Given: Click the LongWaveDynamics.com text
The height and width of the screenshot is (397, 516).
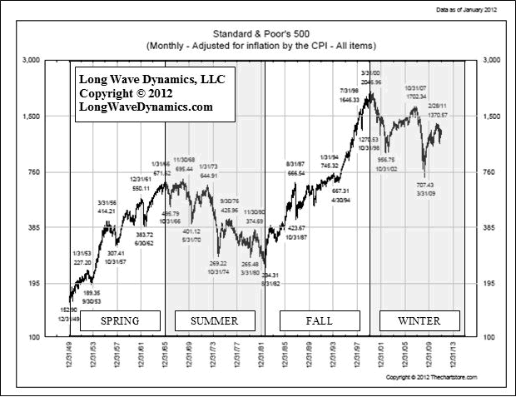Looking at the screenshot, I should [x=146, y=107].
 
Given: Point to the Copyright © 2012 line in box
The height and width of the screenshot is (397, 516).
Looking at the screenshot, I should [x=135, y=93].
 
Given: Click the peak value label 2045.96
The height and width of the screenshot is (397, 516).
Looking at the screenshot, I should [x=370, y=82].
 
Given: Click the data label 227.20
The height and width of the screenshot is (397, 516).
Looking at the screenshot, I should [x=81, y=261].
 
